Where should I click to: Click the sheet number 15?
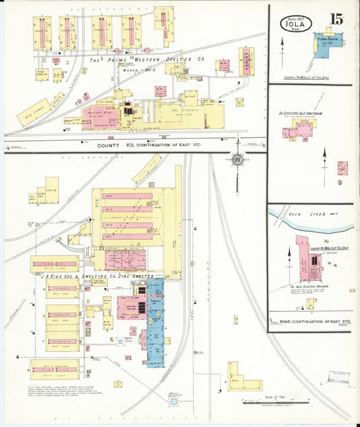point(336,18)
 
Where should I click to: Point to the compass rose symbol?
point(237,159)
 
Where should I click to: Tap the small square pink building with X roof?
point(343,168)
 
